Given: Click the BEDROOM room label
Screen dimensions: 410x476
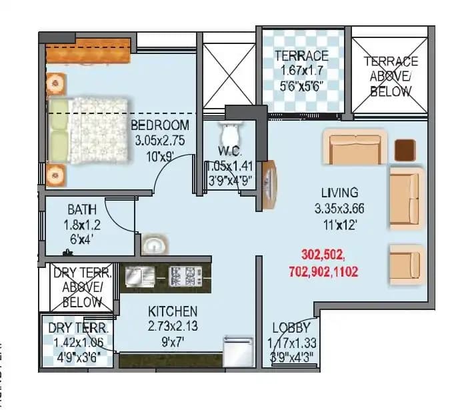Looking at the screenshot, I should (x=159, y=125).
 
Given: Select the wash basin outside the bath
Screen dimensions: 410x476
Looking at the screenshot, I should (x=153, y=245).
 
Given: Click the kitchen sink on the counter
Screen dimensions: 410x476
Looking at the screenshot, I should (x=140, y=275).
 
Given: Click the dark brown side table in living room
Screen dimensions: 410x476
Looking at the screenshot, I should (x=405, y=150).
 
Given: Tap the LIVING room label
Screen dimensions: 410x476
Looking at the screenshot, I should (x=339, y=193).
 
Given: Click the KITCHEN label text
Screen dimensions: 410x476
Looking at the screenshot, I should (x=172, y=311).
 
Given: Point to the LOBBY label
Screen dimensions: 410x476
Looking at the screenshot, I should (x=291, y=328).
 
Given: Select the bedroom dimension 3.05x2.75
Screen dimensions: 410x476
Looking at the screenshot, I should (x=160, y=141).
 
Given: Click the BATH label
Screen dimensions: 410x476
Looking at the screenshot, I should (x=81, y=210).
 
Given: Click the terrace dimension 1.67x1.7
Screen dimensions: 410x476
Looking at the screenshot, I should (x=302, y=71).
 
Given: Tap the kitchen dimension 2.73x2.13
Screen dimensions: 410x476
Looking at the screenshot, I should (x=172, y=327).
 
